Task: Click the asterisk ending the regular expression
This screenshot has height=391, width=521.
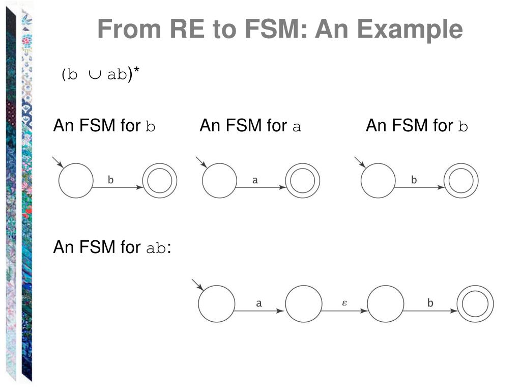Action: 136,73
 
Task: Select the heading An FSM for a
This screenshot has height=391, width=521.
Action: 250,126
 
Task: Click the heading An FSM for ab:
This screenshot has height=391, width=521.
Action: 112,247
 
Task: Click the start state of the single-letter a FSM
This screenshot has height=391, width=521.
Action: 219,181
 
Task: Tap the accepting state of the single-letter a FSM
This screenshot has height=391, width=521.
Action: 303,181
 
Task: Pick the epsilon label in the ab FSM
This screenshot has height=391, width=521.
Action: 344,302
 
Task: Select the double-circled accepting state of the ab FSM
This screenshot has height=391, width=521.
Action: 475,304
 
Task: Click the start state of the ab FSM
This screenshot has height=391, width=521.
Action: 216,304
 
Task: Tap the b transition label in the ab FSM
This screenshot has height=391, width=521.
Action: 430,303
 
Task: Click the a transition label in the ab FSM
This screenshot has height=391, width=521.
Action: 258,303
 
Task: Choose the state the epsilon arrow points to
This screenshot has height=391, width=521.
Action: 385,304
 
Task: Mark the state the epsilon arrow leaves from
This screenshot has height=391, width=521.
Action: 304,304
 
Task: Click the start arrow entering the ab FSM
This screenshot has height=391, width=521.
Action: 197,285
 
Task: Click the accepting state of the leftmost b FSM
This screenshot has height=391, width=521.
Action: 160,181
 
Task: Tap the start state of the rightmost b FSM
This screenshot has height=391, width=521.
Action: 378,181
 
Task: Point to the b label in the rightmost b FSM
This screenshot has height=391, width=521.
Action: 414,180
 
